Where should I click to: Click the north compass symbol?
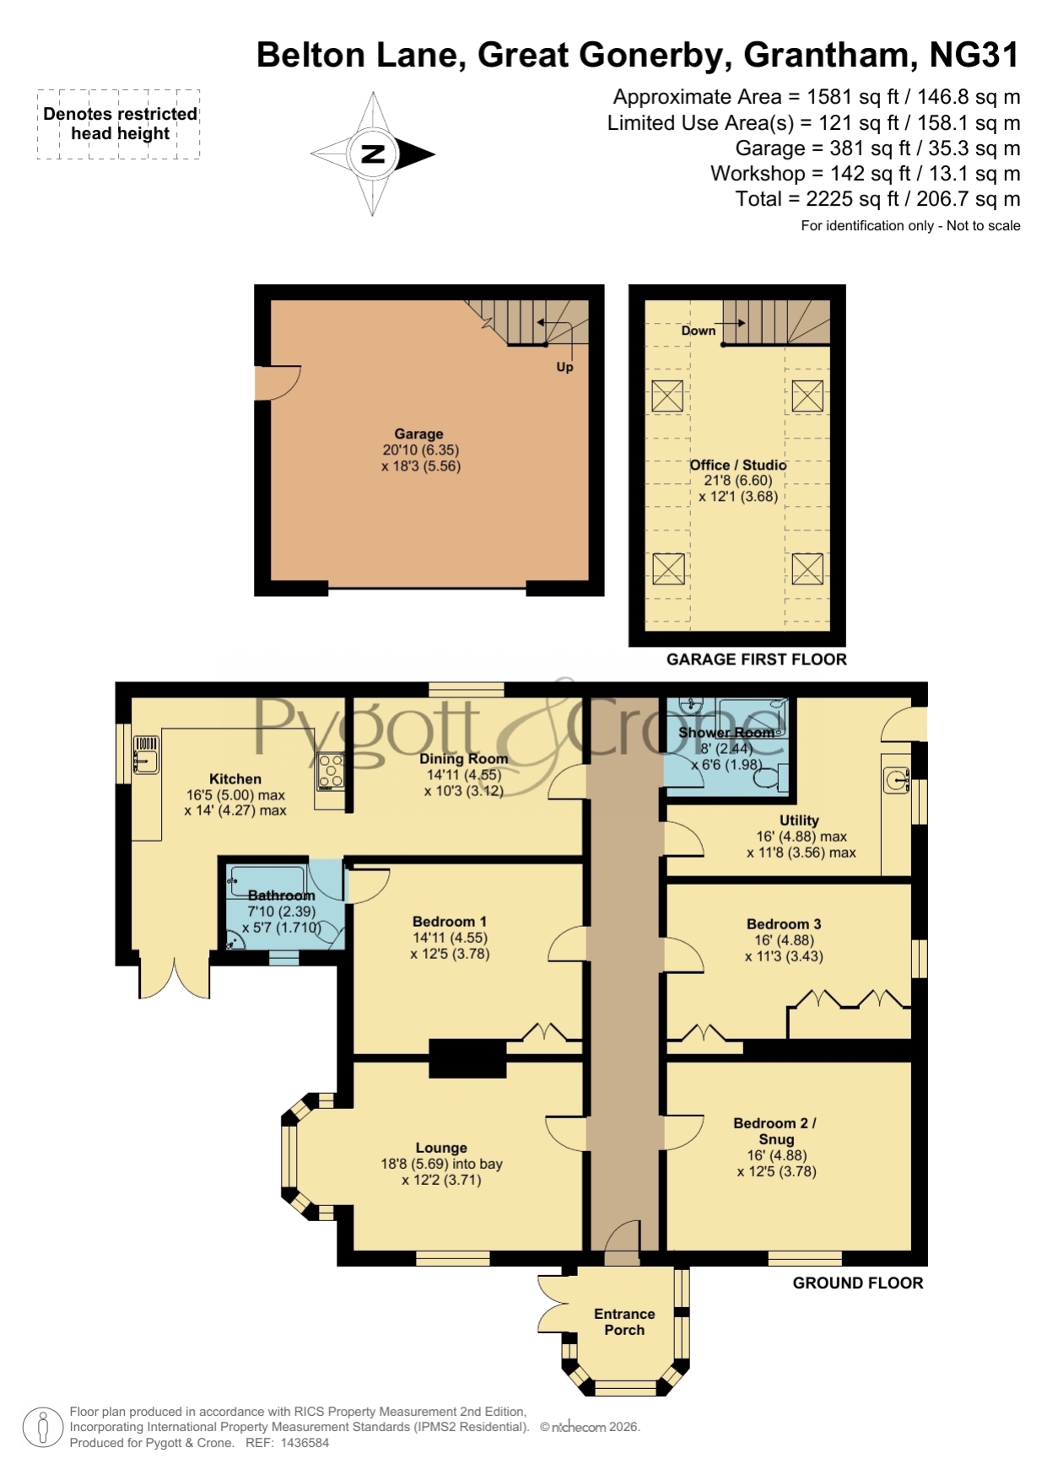372,154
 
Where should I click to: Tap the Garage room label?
418,434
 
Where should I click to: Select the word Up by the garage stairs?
564,367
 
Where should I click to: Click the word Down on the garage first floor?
699,331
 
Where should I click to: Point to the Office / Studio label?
738,465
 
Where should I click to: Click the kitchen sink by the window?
146,755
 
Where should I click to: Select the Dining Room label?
463,758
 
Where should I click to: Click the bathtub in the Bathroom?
267,880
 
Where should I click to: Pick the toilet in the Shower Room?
772,777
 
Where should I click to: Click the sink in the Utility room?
897,780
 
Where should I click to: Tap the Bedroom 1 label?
450,922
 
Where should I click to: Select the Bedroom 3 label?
784,924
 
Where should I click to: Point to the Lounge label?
441,1148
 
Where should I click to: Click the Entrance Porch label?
624,1321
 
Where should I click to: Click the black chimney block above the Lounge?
467,1058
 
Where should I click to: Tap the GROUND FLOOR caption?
858,1283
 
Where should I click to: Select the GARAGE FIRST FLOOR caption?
757,659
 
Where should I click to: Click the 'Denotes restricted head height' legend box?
119,124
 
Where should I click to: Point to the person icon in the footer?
42,1429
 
